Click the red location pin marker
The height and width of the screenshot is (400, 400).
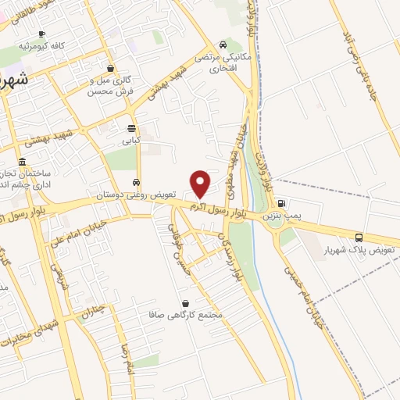[x=201, y=183]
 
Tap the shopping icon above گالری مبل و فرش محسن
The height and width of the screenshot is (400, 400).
[x=112, y=68]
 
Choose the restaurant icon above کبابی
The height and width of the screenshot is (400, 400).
[x=130, y=130]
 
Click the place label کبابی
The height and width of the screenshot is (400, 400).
[x=130, y=142]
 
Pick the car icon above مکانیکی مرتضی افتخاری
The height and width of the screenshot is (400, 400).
[x=224, y=45]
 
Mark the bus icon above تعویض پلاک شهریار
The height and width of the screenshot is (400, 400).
[x=359, y=237]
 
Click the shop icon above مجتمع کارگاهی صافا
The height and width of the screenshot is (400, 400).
[x=185, y=303]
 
